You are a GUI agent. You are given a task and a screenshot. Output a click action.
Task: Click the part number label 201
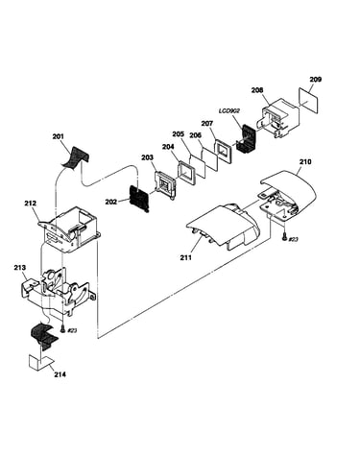pos(58,136)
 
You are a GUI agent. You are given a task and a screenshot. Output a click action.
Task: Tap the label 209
pos(315,80)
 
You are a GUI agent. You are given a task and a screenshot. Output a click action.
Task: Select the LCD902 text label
pos(229,110)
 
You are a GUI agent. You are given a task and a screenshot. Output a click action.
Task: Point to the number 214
pos(60,374)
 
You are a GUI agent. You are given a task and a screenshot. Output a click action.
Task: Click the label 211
pos(185,257)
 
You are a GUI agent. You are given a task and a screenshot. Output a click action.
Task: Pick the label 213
pos(20,268)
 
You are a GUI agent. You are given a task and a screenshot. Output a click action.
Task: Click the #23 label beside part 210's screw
pos(294,239)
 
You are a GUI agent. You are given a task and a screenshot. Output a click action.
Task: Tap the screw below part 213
pos(62,328)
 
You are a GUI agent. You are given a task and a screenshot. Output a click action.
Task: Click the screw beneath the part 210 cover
pos(284,237)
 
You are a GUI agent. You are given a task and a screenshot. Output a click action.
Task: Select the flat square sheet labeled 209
pos(308,100)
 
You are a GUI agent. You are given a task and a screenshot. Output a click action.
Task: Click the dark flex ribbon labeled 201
pos(75,156)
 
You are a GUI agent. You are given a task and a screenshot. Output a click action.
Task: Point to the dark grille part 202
pos(139,199)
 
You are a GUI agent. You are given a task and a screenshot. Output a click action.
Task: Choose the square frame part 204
pos(186,171)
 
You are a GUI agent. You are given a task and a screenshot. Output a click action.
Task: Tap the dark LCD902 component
pos(247,138)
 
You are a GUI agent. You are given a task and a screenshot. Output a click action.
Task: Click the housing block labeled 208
pos(280,118)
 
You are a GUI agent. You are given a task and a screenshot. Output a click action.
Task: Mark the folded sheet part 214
pos(40,362)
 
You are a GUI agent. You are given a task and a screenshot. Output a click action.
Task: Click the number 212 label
pos(30,204)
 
